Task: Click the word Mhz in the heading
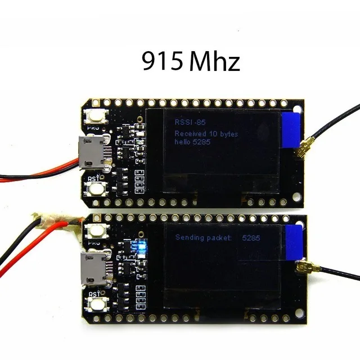214,62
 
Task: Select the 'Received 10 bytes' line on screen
206,134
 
